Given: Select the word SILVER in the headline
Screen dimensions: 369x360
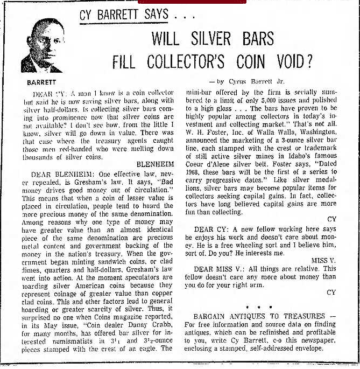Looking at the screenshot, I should pyautogui.click(x=207, y=39).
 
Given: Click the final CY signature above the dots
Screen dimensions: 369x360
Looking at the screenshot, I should pyautogui.click(x=331, y=292).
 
